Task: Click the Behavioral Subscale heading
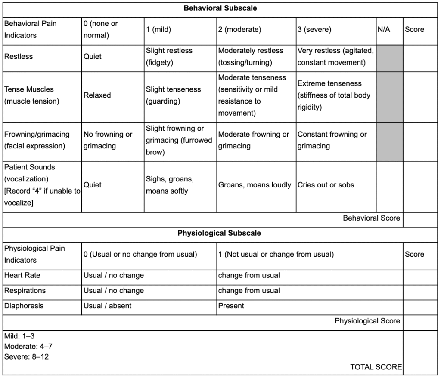coord(220,8)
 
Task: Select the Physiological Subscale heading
coord(219,234)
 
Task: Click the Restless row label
coord(19,56)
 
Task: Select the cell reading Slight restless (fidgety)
coord(169,56)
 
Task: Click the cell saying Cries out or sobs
coord(326,185)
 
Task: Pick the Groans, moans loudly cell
coord(255,185)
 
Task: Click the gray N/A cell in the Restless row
coord(390,58)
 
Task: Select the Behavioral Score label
coord(371,218)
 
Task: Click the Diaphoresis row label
coord(24,306)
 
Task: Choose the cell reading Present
coord(231,306)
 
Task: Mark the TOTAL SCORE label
coord(376,367)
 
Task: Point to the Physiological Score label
coord(367,321)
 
